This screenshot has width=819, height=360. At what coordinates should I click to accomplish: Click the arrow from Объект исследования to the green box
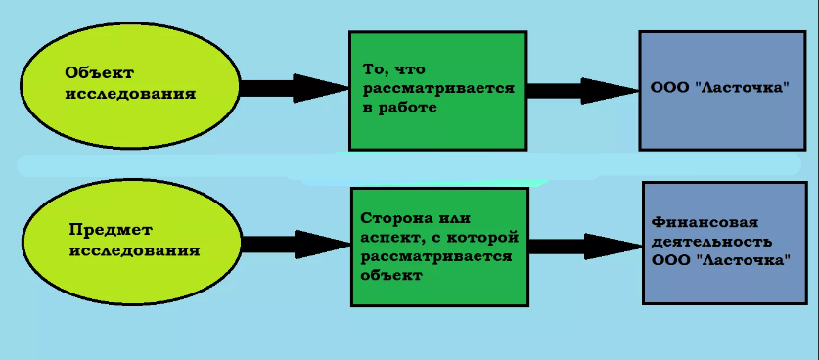[x=293, y=88]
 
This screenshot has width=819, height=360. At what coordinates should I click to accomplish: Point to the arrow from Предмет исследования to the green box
[x=293, y=245]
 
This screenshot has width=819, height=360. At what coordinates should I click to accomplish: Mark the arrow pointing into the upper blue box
[x=581, y=90]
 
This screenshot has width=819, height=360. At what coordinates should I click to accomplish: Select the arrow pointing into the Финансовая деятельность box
[x=584, y=245]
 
